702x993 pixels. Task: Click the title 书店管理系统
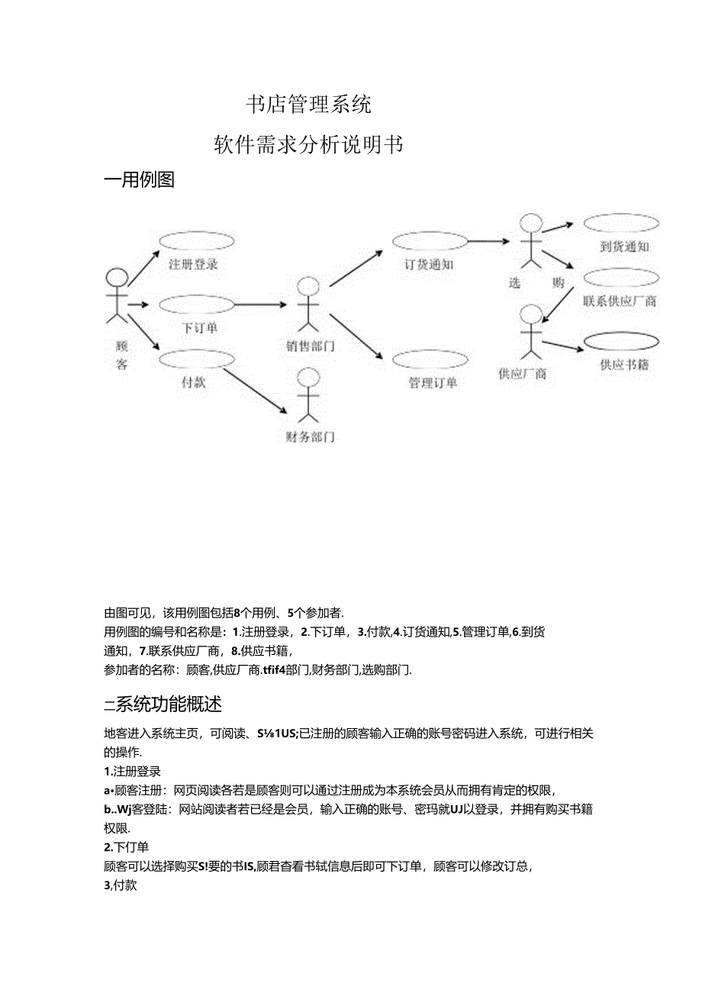pos(309,105)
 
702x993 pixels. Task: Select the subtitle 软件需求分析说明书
pos(308,145)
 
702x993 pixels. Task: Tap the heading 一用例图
pos(140,180)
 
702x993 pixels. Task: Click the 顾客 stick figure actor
pos(116,294)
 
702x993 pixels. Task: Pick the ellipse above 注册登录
pos(196,241)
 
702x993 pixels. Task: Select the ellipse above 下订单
pos(196,305)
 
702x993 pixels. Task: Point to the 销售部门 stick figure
pos(308,305)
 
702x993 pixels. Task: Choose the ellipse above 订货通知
pos(430,241)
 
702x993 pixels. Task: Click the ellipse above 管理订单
pos(430,359)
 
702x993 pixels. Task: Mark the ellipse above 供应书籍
pos(622,341)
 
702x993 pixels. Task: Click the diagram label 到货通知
pos(624,247)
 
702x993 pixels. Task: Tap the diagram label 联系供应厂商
pos(620,301)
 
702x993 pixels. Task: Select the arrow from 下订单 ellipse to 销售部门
pos(259,305)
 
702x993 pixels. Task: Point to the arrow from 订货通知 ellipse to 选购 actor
pos(488,241)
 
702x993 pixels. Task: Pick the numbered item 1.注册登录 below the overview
pos(132,772)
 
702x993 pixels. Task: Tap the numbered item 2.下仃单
pos(126,846)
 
